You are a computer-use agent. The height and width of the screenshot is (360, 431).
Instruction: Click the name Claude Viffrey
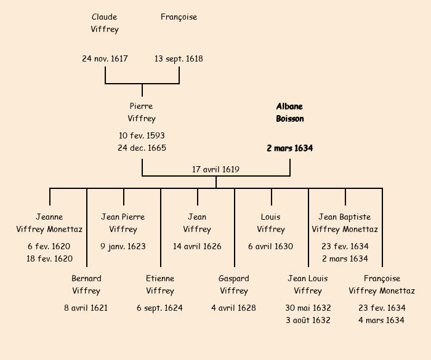(105, 23)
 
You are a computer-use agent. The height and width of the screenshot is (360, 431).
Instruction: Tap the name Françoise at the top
(179, 17)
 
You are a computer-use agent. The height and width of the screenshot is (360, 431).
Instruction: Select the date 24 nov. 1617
(105, 59)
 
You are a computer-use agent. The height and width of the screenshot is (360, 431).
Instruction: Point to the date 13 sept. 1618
(179, 59)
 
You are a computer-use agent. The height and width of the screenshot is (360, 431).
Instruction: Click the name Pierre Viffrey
(142, 112)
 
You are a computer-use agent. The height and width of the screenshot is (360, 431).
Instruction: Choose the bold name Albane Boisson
(289, 112)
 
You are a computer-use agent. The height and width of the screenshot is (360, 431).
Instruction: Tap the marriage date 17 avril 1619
(216, 169)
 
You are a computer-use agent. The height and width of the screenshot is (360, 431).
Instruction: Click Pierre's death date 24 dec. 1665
(142, 148)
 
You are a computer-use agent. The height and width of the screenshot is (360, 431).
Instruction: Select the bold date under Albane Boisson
(289, 148)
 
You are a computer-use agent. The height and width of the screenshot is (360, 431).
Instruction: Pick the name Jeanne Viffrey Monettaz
(49, 223)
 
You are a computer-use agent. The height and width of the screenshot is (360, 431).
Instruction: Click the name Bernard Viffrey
(86, 284)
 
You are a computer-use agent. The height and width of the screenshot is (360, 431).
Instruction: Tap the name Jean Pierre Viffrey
(123, 223)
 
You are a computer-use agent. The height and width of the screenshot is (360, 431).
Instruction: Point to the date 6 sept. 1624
(160, 308)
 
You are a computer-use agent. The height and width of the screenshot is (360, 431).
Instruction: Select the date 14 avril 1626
(197, 246)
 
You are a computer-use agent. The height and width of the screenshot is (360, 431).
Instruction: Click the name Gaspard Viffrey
(234, 284)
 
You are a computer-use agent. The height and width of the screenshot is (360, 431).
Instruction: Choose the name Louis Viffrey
(271, 223)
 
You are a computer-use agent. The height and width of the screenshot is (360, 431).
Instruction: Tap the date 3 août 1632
(308, 320)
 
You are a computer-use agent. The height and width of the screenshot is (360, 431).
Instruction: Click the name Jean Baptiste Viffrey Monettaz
(345, 223)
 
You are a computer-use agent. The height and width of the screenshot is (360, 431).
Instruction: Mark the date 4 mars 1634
(382, 320)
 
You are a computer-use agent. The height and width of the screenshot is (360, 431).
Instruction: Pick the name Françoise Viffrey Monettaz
(382, 284)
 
